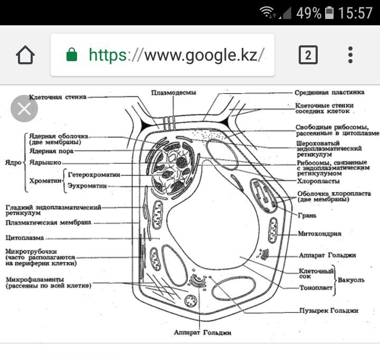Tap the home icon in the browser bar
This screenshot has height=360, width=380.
25,55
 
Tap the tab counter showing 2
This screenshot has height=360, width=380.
308,55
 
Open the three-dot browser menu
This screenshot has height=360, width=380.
350,55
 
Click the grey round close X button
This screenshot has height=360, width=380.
24,109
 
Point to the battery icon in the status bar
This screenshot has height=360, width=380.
329,13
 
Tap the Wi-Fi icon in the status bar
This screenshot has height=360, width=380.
267,12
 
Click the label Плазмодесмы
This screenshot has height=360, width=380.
174,92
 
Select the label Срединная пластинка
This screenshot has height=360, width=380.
329,92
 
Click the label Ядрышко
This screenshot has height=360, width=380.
45,162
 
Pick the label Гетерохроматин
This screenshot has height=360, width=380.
94,174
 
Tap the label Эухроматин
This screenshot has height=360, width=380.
87,186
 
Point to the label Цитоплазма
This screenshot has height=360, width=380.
25,238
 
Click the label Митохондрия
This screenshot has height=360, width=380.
319,233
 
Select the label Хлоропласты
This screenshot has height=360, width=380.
318,181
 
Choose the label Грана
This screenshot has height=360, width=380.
307,215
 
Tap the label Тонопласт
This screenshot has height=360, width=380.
316,288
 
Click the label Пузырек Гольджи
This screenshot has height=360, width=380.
329,310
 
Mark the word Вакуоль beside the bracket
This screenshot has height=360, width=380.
351,280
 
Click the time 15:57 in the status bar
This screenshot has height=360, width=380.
355,13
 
